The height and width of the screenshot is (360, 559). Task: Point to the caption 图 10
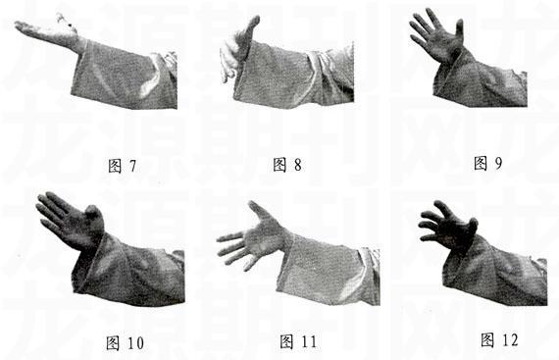coord(124,342)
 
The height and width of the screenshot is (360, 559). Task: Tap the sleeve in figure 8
coord(294,74)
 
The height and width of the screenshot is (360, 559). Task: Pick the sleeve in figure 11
coord(324,265)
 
